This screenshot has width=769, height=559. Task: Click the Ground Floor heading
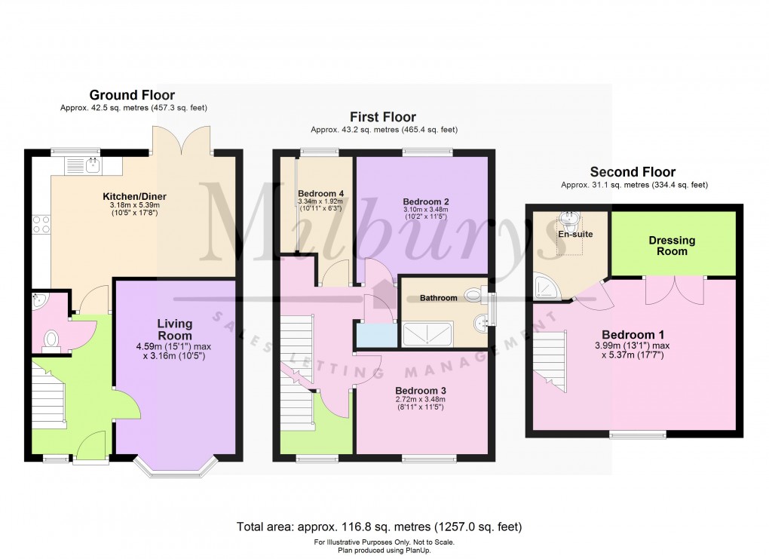132,95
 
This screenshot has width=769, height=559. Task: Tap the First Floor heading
382,117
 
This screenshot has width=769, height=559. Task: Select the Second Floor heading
633,172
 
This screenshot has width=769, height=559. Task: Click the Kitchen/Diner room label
134,197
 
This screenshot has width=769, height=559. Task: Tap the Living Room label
174,329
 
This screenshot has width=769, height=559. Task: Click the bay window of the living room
174,467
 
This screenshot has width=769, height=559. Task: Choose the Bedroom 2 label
425,201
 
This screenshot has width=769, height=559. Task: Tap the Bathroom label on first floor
438,298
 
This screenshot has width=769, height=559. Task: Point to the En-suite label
575,234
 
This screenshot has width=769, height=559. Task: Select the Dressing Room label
672,246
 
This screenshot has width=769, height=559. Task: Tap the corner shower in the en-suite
543,284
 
